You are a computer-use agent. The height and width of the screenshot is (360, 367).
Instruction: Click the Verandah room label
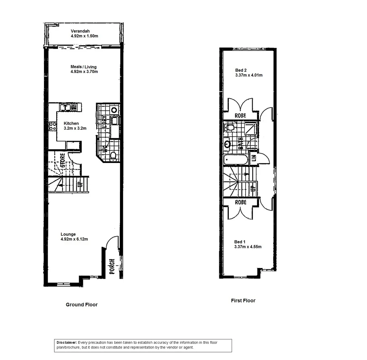point(80,31)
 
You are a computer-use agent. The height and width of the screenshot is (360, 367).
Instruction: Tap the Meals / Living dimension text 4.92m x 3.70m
point(84,72)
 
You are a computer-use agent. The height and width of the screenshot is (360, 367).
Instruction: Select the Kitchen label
point(71,123)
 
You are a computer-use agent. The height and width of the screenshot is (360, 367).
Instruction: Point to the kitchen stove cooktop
point(53,126)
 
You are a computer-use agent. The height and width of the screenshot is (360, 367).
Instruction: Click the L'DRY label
point(104,122)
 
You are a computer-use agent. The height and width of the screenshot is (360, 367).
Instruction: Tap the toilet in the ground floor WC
point(113,155)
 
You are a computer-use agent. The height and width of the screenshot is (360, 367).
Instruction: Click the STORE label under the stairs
point(63,161)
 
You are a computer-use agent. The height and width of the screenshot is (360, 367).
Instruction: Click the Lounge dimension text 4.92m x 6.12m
point(74,239)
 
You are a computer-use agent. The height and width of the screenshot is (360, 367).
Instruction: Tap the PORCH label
point(112,266)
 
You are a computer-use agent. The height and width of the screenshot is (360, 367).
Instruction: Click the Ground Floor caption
point(82,305)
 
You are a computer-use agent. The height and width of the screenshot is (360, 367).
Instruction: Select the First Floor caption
point(243,301)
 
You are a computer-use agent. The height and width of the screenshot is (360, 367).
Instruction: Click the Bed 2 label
point(241,70)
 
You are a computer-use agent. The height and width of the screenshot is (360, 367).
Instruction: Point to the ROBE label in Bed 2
point(240,116)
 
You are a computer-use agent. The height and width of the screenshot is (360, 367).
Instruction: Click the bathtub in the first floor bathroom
point(236,160)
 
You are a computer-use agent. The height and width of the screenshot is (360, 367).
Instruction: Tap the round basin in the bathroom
point(228,144)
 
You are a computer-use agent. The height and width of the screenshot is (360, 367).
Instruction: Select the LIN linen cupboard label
point(254,159)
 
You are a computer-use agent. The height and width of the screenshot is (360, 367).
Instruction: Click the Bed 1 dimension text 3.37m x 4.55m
point(248,247)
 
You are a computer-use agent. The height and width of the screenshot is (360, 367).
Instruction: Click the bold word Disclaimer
point(67,343)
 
